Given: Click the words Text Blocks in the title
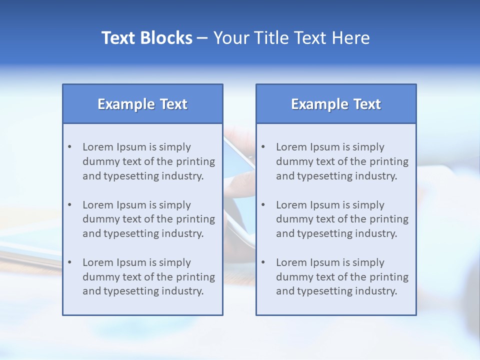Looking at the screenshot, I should pos(146,38).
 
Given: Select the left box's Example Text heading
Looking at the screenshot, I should pos(142,104).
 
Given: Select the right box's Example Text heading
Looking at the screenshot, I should pos(336,104).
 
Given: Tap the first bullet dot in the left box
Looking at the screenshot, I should pos(70,147).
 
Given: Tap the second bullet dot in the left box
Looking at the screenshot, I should pos(70,205).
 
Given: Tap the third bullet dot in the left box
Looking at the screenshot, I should pos(70,262).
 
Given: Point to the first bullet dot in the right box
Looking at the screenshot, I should pos(263,147).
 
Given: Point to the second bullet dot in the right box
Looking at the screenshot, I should pos(263,205).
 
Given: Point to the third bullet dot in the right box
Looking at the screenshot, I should pos(263,262).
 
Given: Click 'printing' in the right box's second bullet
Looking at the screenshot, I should pos(389,219).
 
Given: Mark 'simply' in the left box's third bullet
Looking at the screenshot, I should pos(175,262).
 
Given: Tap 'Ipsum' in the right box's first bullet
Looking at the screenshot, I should pos(325,147).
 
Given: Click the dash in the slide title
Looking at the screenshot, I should pos(202,38).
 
